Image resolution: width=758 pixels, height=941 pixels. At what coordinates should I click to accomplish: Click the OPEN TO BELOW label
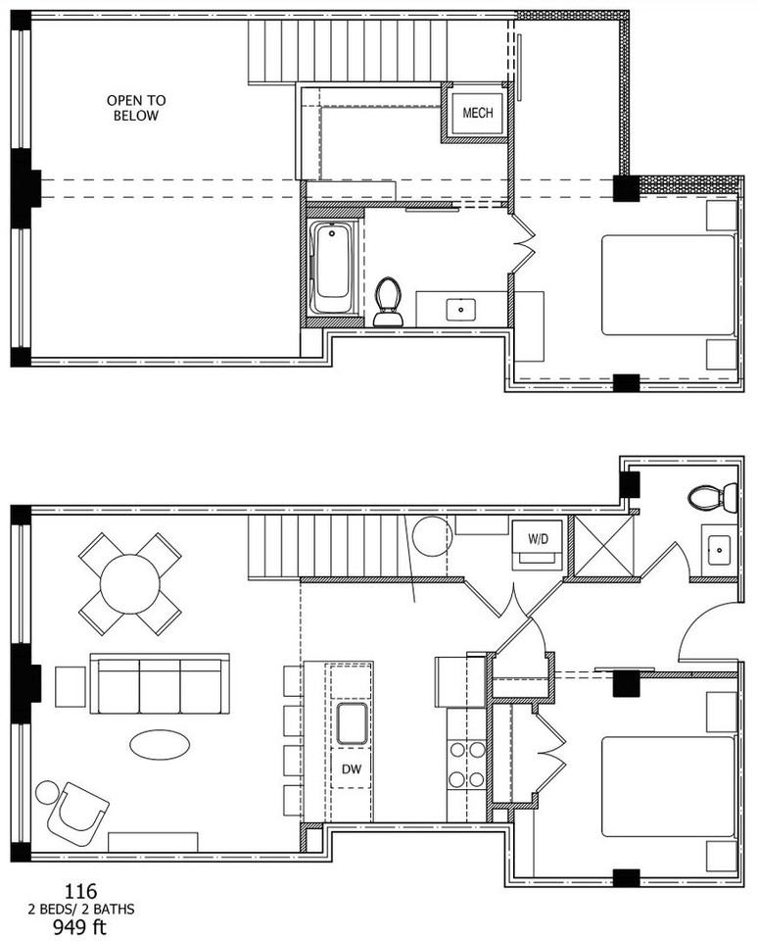(x=136, y=108)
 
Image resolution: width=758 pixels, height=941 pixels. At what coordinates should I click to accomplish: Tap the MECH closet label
(x=477, y=113)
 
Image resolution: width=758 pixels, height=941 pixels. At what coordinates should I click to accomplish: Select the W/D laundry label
(x=538, y=539)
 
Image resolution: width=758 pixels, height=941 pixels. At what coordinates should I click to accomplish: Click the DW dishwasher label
(x=352, y=768)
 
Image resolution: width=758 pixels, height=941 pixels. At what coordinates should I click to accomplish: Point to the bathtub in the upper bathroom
(x=332, y=268)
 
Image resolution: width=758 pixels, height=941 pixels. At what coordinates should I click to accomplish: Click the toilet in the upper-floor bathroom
(x=388, y=302)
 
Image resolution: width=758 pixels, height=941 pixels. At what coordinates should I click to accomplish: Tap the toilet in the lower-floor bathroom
(x=713, y=498)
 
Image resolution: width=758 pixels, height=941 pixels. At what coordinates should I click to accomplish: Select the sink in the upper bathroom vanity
(x=461, y=311)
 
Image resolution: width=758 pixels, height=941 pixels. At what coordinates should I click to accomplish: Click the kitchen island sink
(x=352, y=723)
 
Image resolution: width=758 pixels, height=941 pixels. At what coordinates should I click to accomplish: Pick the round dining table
(x=129, y=584)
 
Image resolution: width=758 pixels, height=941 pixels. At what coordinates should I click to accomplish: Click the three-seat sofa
(x=160, y=683)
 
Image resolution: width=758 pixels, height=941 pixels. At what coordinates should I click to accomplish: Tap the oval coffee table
(x=160, y=745)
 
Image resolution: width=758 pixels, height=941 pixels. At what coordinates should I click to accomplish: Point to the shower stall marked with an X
(x=604, y=546)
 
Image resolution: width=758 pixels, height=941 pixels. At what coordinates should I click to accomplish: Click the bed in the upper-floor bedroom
(x=669, y=284)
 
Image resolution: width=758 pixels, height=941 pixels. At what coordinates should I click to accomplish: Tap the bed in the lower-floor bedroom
(x=669, y=787)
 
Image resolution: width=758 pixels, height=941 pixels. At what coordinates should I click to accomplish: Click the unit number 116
(x=81, y=891)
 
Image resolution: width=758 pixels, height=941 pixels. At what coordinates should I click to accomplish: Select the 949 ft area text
(x=79, y=927)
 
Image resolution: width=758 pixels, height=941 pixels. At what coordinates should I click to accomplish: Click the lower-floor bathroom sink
(x=717, y=550)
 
